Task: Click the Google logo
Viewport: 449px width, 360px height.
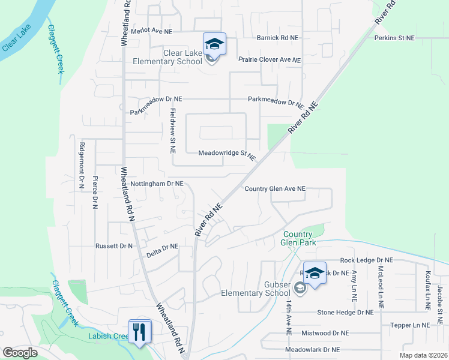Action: click(x=20, y=353)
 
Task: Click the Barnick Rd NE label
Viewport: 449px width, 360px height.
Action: click(x=277, y=38)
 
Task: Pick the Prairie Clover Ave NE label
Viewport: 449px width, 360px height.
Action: click(x=270, y=60)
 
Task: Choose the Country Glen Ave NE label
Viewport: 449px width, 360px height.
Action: click(x=275, y=188)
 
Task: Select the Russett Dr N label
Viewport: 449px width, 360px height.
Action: click(x=114, y=246)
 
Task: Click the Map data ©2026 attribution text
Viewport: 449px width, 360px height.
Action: click(x=423, y=355)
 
